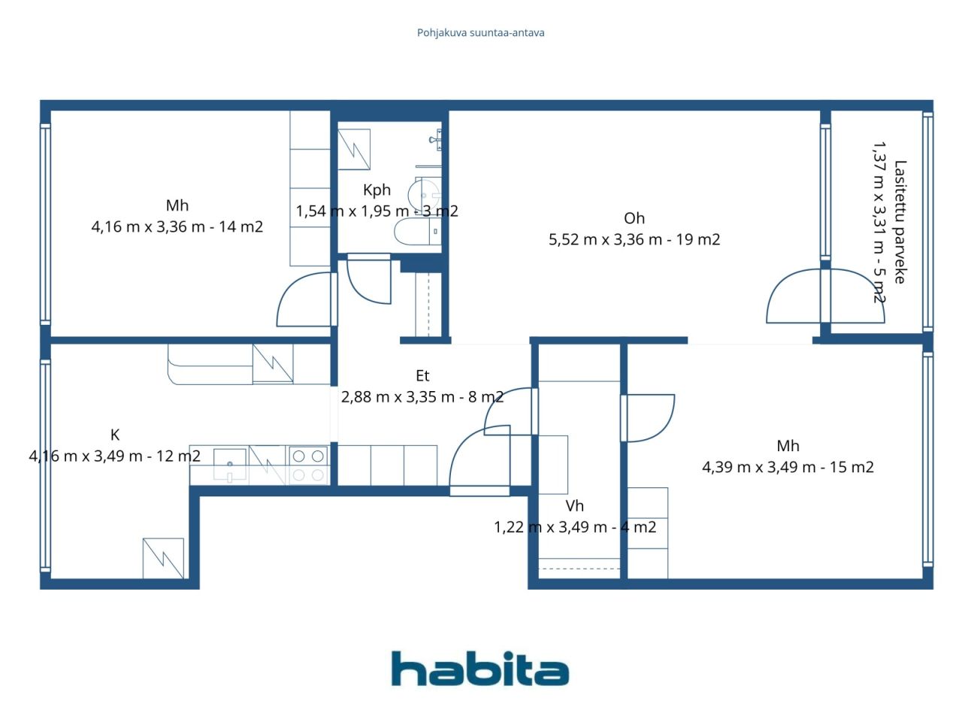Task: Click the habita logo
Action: pyautogui.click(x=480, y=669)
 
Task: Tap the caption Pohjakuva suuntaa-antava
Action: pyautogui.click(x=480, y=33)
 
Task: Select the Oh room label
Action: pyautogui.click(x=634, y=218)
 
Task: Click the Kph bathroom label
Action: pyautogui.click(x=377, y=190)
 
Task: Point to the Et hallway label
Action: pyautogui.click(x=422, y=376)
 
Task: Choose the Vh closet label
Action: pyautogui.click(x=575, y=506)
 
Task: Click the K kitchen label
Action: pyautogui.click(x=115, y=435)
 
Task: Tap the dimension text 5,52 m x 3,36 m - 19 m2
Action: pyautogui.click(x=634, y=240)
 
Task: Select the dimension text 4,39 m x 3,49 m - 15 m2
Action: pyautogui.click(x=788, y=467)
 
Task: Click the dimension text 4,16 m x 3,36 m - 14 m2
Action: pyautogui.click(x=177, y=227)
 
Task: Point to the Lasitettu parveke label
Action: pyautogui.click(x=900, y=223)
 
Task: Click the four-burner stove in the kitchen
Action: pyautogui.click(x=308, y=466)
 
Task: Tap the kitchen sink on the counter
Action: pyautogui.click(x=230, y=465)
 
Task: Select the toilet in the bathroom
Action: pyautogui.click(x=418, y=231)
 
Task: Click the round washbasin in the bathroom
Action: pyautogui.click(x=424, y=196)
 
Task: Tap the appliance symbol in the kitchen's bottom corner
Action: pyautogui.click(x=163, y=559)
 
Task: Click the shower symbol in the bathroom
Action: pyautogui.click(x=354, y=149)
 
